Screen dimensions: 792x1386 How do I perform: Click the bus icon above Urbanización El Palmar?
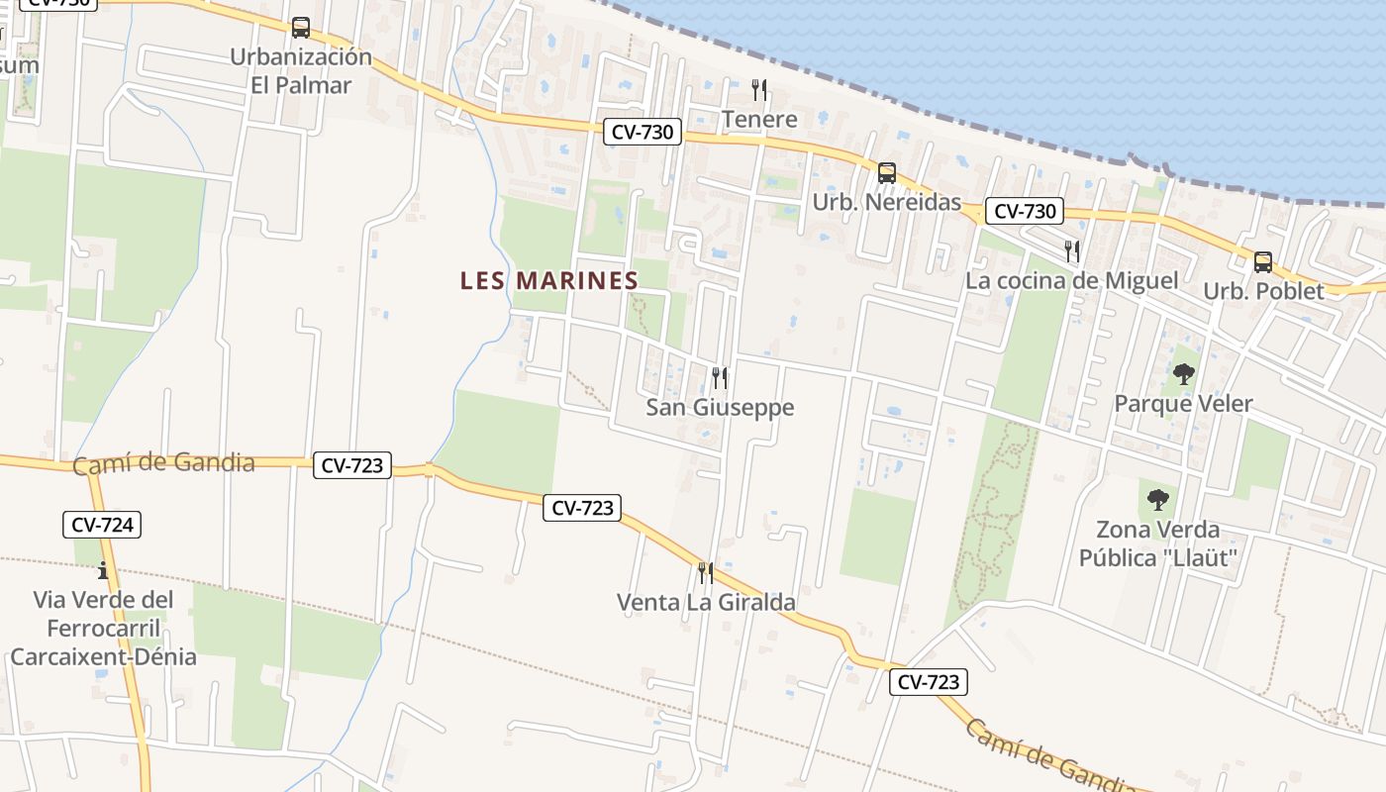point(301,28)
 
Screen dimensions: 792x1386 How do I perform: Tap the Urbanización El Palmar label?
point(301,70)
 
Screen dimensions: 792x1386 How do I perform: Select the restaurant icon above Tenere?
point(759,90)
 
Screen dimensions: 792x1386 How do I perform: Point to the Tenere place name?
point(759,120)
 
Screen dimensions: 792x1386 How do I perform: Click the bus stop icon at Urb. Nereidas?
point(887,173)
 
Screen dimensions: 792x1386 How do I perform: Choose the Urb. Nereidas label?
point(887,203)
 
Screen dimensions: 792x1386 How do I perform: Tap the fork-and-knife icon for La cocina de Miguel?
point(1071,250)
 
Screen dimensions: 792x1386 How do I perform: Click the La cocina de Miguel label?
point(1071,281)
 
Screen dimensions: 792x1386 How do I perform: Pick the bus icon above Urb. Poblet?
point(1263,262)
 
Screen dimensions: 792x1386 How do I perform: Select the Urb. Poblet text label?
point(1263,292)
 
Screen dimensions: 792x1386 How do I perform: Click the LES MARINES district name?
point(549,281)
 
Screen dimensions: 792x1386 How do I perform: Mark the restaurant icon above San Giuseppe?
point(720,377)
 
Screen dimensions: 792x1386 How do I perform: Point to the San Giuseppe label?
point(720,408)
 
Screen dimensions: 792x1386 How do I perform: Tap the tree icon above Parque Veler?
point(1183,374)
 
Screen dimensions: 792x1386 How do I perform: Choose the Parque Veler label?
point(1183,404)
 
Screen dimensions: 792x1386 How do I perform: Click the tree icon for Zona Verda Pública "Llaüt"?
point(1157,500)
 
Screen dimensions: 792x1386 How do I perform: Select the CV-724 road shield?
point(103,525)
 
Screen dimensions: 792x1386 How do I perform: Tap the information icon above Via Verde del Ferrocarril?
point(103,570)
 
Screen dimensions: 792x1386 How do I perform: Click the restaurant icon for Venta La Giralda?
point(705,572)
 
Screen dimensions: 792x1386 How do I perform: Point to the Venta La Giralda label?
point(705,602)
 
